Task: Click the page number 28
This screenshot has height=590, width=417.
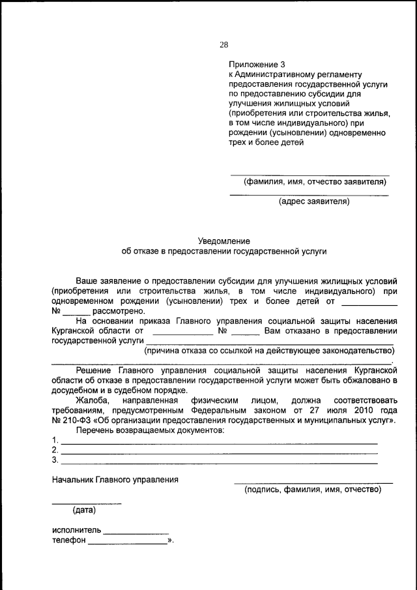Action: click(224, 45)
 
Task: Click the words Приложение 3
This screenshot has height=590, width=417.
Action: click(257, 65)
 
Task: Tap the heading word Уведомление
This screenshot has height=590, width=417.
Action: click(223, 241)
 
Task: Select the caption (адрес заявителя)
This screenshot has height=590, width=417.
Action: click(314, 201)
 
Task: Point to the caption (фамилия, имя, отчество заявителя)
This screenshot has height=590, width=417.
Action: click(315, 182)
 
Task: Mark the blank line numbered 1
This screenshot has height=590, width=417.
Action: click(218, 443)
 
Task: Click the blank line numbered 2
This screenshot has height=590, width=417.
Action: click(218, 452)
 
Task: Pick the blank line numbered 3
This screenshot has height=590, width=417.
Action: click(218, 462)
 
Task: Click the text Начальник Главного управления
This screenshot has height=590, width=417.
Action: click(115, 480)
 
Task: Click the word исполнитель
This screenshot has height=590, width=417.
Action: click(76, 531)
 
